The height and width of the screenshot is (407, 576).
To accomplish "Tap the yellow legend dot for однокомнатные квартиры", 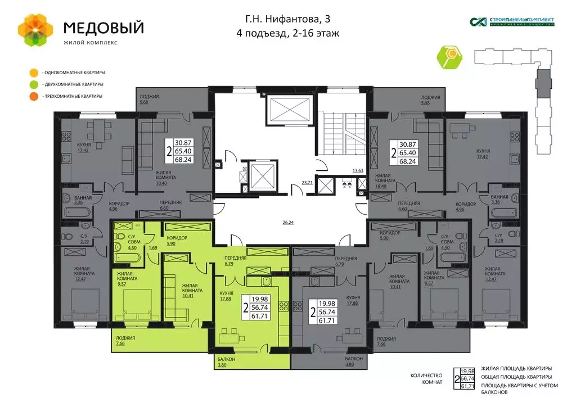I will click(34, 73).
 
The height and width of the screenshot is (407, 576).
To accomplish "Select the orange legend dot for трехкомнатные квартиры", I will click(34, 96).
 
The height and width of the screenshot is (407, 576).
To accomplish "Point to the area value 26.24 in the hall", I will click(288, 223).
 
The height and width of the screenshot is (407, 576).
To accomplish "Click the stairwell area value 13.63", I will click(358, 170).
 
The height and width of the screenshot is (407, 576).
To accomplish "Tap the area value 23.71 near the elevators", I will click(307, 182).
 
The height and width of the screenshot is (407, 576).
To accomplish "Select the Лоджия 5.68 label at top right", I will click(429, 100).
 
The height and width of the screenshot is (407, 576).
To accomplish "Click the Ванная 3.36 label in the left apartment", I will click(75, 200).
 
